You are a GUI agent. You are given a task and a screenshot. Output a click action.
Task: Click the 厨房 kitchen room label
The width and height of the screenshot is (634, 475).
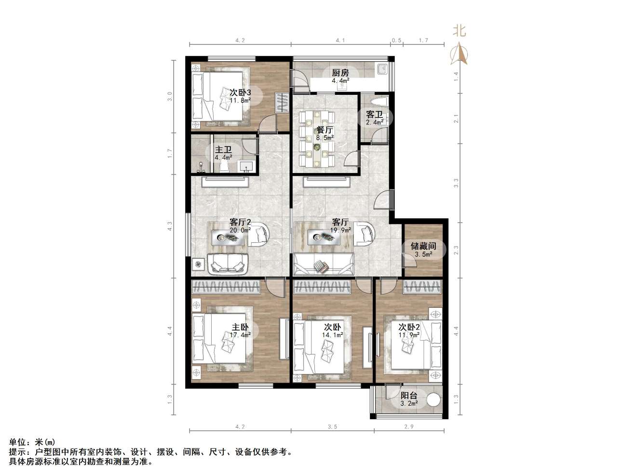pos(340,73)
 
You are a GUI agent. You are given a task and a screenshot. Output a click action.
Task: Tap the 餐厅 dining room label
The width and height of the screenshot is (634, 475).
pos(324,130)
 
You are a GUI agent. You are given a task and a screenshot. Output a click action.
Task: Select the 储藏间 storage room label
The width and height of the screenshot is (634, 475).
pos(423,246)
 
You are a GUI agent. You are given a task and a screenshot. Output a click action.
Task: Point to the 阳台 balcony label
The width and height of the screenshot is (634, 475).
pos(409,396)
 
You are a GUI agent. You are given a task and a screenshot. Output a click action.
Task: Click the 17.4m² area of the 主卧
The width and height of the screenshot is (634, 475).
pos(240,335)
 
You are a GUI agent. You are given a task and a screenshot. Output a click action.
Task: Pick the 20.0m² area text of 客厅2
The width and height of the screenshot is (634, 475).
pos(240,230)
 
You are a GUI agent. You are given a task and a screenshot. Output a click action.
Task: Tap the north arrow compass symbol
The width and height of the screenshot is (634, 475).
pos(459,53)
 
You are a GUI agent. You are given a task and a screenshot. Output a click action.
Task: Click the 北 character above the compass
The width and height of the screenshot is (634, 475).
pos(459,30)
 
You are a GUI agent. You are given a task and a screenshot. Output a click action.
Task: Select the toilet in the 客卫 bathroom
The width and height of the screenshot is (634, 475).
pos(378,101)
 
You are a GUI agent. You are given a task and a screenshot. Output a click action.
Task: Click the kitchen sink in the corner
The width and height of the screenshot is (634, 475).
pos(383,69)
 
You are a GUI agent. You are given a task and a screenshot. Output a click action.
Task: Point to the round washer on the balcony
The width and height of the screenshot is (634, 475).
pos(433,400)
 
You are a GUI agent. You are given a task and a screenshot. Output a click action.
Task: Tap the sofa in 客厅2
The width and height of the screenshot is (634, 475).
pos(228,264)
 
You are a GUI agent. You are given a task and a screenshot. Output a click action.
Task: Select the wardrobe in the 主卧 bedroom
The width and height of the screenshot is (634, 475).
pos(226,287)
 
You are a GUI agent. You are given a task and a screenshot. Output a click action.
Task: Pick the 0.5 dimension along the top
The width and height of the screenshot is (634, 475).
pos(396,40)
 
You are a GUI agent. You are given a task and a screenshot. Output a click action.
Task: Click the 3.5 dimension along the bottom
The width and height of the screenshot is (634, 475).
pos(332,426)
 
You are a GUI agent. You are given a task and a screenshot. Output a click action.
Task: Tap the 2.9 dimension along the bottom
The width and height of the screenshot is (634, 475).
pos(409,426)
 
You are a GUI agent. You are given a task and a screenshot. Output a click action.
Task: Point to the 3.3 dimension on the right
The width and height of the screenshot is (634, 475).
pos(456,183)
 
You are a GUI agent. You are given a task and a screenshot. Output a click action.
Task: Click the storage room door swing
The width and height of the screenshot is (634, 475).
pos(409,261)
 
